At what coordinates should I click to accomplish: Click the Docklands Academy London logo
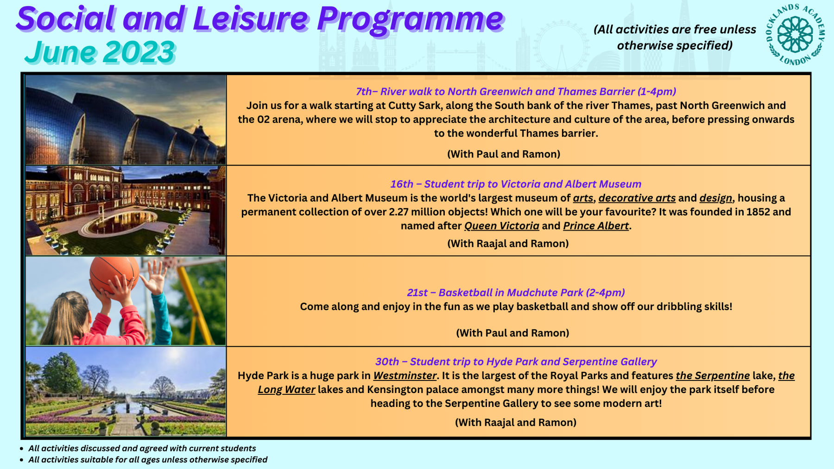pyautogui.click(x=795, y=35)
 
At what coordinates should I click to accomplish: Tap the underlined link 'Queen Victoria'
pyautogui.click(x=501, y=226)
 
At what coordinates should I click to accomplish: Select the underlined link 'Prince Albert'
pyautogui.click(x=596, y=226)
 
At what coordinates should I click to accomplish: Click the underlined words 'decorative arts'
pyautogui.click(x=637, y=198)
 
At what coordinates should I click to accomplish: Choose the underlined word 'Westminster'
pyautogui.click(x=404, y=375)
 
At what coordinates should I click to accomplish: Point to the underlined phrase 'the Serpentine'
pyautogui.click(x=713, y=375)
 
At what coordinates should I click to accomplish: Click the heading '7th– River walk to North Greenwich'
pyautogui.click(x=516, y=91)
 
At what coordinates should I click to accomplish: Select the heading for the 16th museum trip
pyautogui.click(x=516, y=184)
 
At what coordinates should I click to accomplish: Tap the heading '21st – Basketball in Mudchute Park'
pyautogui.click(x=516, y=292)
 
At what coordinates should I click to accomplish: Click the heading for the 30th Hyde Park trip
pyautogui.click(x=516, y=361)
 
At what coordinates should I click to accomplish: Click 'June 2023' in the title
pyautogui.click(x=100, y=52)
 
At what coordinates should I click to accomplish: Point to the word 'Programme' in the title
pyautogui.click(x=410, y=19)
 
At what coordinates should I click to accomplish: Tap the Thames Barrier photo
pyautogui.click(x=126, y=120)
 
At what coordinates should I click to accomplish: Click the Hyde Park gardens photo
pyautogui.click(x=126, y=392)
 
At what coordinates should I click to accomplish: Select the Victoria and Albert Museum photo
pyautogui.click(x=126, y=210)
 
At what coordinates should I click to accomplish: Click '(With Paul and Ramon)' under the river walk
pyautogui.click(x=504, y=154)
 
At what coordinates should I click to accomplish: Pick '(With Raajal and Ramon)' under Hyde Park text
pyautogui.click(x=516, y=422)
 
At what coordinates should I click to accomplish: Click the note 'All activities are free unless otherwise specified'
pyautogui.click(x=674, y=37)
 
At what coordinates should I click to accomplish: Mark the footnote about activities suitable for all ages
pyautogui.click(x=148, y=460)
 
